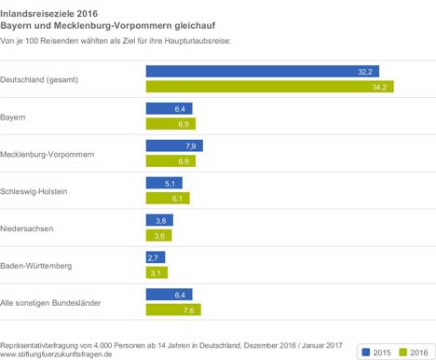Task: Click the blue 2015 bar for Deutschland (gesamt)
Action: click(263, 72)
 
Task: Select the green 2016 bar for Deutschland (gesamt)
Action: click(270, 87)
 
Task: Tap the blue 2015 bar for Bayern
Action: click(170, 108)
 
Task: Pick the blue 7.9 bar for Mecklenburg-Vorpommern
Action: click(174, 145)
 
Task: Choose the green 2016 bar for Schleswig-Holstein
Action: click(168, 199)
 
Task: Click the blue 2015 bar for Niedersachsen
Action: click(159, 220)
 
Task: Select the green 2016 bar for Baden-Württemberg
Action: click(157, 272)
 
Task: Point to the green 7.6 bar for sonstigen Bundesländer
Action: click(173, 310)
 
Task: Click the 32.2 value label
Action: click(365, 72)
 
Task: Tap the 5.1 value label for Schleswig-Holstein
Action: click(170, 184)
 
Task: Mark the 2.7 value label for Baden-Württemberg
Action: click(153, 258)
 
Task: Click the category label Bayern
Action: click(13, 118)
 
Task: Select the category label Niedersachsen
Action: click(27, 228)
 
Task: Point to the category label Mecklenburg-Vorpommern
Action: click(48, 155)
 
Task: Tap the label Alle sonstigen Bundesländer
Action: click(50, 303)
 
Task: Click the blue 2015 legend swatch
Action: click(366, 352)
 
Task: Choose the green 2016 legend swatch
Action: click(402, 352)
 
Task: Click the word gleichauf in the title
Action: click(195, 26)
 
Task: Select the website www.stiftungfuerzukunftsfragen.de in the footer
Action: click(56, 354)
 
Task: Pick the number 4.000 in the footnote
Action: click(102, 345)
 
